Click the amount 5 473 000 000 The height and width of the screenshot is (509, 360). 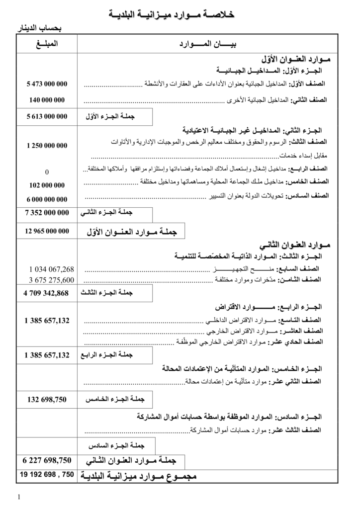click(47, 84)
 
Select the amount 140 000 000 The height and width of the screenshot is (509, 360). click(47, 100)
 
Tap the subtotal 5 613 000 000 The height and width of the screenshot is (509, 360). click(47, 117)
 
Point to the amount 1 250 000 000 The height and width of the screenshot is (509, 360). click(47, 146)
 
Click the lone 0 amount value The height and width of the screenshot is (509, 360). click(47, 172)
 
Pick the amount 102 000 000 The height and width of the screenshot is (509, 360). click(47, 185)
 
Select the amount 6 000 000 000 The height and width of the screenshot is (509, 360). click(47, 199)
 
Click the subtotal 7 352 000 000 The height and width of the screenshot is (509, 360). click(47, 213)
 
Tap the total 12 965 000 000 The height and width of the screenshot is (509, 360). click(47, 231)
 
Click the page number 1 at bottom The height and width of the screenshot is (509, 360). click(19, 496)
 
